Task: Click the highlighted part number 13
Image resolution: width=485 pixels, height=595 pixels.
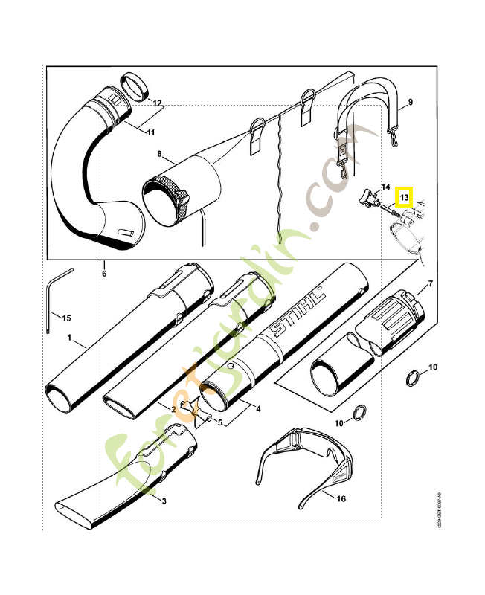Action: [x=404, y=197]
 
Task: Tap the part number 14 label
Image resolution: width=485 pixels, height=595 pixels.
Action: [x=385, y=187]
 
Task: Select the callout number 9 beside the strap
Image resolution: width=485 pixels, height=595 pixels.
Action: [x=410, y=102]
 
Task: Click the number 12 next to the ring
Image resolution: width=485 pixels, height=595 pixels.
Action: [x=157, y=103]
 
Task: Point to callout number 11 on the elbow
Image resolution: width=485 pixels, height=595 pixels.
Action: [x=150, y=132]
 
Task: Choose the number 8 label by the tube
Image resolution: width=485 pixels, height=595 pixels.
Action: [x=159, y=154]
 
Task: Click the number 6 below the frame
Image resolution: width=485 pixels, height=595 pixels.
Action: [x=104, y=274]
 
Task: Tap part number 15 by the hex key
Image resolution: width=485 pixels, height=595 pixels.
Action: [x=65, y=318]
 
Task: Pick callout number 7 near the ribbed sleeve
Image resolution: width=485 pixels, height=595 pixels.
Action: [x=429, y=286]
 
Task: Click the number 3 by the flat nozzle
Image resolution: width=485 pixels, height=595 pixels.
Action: [x=163, y=501]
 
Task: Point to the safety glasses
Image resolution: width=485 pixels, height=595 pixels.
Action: [x=305, y=457]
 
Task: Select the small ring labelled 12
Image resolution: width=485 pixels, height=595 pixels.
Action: [x=133, y=86]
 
